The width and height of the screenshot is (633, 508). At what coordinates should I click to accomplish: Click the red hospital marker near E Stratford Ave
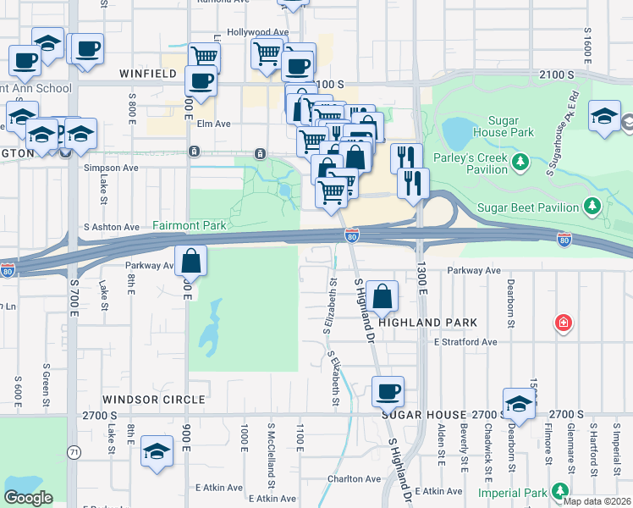(563, 323)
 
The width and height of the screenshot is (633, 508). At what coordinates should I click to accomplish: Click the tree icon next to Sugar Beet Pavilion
(593, 206)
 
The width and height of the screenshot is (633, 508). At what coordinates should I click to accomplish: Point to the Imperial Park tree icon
(559, 490)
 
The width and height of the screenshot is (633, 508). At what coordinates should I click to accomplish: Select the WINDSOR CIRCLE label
(154, 399)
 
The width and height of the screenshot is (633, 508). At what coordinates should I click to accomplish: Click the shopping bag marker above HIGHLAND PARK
(383, 296)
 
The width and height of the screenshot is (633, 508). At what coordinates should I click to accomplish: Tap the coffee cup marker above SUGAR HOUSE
(388, 391)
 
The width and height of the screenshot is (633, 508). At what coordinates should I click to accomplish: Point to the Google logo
(29, 498)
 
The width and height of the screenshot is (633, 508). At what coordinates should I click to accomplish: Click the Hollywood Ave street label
(263, 32)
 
